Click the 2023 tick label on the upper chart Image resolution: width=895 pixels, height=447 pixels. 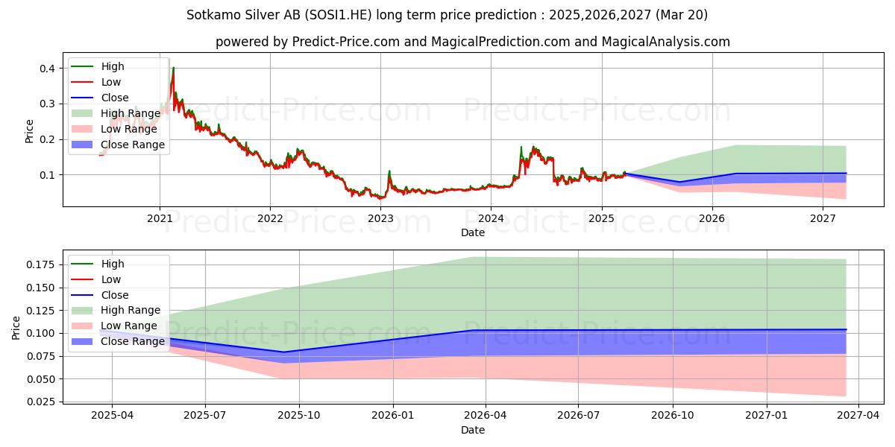click(380, 218)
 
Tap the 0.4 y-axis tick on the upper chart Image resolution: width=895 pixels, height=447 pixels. click(47, 69)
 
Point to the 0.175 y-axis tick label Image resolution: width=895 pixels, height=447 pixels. click(40, 264)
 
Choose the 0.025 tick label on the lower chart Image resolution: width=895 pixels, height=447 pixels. click(40, 402)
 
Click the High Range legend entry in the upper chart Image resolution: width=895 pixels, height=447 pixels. click(131, 113)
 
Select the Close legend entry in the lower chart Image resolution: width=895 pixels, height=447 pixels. click(116, 295)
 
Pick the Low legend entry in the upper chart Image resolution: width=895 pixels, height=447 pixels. click(111, 82)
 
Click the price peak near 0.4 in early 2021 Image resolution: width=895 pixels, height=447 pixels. click(173, 69)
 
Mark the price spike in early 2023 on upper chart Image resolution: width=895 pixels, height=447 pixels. click(389, 171)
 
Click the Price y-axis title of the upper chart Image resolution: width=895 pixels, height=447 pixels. click(30, 131)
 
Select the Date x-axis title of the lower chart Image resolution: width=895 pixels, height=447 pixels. click(472, 430)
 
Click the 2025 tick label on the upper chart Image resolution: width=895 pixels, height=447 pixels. click(601, 218)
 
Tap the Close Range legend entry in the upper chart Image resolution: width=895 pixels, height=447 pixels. click(132, 145)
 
